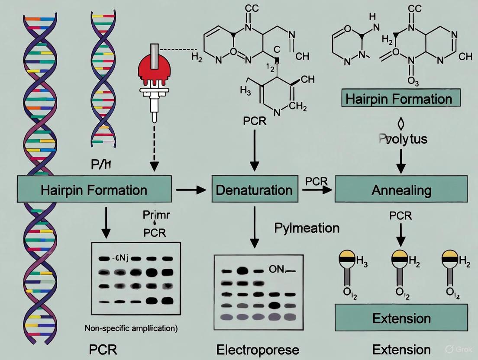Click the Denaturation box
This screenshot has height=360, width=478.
(x=255, y=189)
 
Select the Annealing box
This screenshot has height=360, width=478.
(x=401, y=190)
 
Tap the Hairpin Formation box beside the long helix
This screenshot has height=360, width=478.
(x=94, y=190)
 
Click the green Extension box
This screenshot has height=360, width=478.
(x=401, y=318)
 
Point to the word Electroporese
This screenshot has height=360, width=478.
(x=258, y=349)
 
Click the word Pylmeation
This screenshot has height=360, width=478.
(x=307, y=228)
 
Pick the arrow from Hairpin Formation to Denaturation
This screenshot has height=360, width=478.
(x=191, y=190)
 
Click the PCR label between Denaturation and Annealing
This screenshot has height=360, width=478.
(x=316, y=181)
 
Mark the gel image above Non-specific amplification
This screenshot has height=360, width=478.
(x=136, y=279)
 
